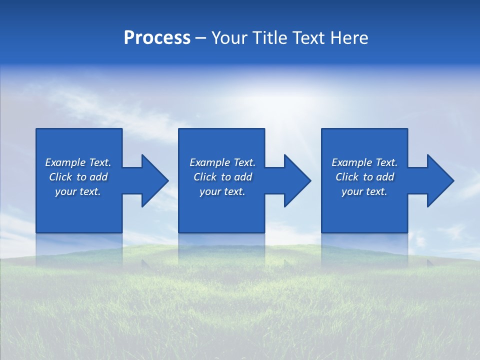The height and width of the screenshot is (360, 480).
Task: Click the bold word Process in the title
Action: pyautogui.click(x=157, y=38)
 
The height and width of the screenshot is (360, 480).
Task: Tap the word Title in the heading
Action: pyautogui.click(x=270, y=38)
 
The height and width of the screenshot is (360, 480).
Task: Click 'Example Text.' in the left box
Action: pyautogui.click(x=78, y=162)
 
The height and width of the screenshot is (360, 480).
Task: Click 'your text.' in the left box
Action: pyautogui.click(x=78, y=191)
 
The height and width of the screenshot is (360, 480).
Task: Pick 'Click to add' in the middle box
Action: pyautogui.click(x=222, y=177)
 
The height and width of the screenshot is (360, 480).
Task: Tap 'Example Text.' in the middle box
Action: pyautogui.click(x=222, y=162)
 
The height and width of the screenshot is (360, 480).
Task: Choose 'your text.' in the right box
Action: pyautogui.click(x=364, y=191)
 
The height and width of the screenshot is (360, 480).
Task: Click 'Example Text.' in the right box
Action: pyautogui.click(x=364, y=162)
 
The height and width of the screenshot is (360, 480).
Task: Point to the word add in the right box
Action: pyautogui.click(x=385, y=177)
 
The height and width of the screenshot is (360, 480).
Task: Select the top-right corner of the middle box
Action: pyautogui.click(x=264, y=129)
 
